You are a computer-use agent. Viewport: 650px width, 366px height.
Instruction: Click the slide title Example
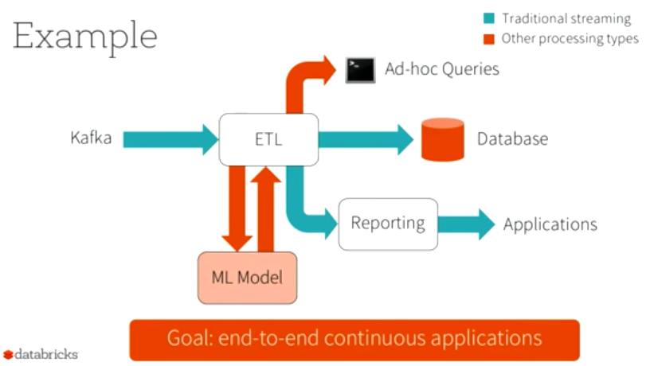click(x=84, y=36)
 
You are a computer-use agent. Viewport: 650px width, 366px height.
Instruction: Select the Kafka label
click(x=91, y=138)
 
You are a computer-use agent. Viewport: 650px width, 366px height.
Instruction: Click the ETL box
click(x=268, y=140)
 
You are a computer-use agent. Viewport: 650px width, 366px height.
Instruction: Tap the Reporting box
click(x=388, y=224)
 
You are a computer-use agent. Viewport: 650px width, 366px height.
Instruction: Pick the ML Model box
click(x=247, y=278)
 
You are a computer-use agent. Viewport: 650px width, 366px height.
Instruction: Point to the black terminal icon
click(x=360, y=70)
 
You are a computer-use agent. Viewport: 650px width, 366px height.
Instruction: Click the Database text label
click(x=512, y=139)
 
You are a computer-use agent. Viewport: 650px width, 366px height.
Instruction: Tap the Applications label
click(x=550, y=224)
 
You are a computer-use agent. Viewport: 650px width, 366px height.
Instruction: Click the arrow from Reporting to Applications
click(x=467, y=224)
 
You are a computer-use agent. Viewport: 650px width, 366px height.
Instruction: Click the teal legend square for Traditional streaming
click(x=490, y=18)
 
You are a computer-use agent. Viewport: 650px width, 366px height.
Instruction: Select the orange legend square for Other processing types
click(x=490, y=38)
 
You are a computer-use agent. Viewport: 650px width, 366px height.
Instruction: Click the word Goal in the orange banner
click(x=187, y=337)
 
